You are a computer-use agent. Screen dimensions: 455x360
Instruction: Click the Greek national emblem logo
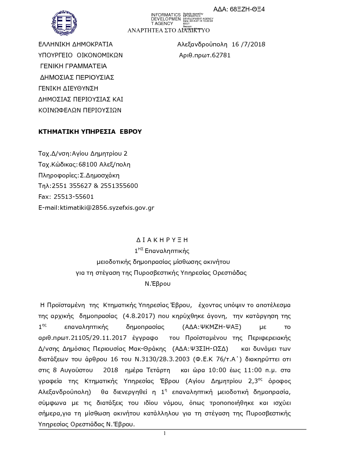pos(64,23)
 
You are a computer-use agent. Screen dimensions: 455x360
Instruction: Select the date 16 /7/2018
pos(248,44)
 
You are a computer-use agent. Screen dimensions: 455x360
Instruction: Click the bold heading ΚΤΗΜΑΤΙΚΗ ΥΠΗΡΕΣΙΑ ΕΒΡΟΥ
pos(90,131)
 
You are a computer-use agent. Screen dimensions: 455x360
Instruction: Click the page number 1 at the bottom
pos(165,433)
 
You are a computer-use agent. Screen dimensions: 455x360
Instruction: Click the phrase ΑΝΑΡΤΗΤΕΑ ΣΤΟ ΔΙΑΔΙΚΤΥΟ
pos(168,30)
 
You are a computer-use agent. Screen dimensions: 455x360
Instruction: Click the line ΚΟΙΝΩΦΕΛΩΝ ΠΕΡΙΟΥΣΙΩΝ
pos(80,110)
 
